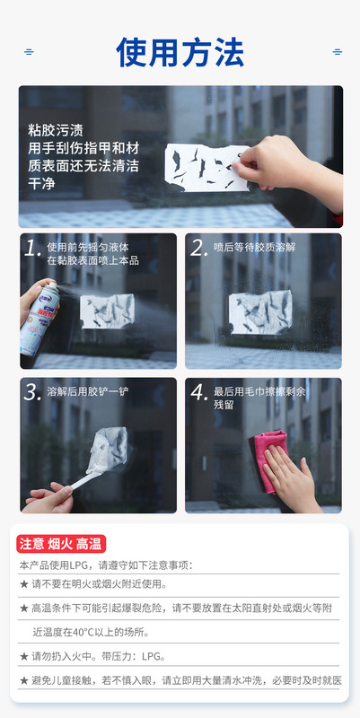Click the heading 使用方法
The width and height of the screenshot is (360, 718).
(x=180, y=52)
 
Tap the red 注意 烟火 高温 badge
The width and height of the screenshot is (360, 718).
(x=61, y=544)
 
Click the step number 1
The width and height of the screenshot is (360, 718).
(x=32, y=249)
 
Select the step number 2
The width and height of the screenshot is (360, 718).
(x=198, y=249)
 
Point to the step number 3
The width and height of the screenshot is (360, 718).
(x=33, y=392)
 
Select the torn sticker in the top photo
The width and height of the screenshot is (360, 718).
(x=207, y=167)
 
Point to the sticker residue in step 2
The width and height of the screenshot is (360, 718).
(x=260, y=312)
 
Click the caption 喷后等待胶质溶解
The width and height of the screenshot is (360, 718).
(x=255, y=248)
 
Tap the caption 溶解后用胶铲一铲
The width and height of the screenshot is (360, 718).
(x=88, y=391)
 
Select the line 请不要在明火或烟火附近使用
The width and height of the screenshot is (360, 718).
(x=99, y=584)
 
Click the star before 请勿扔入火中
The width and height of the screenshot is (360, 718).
(x=24, y=657)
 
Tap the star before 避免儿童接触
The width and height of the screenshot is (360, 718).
(x=24, y=681)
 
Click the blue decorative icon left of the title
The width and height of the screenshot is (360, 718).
(x=29, y=52)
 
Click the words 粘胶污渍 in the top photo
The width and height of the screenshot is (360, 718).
(x=56, y=131)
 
